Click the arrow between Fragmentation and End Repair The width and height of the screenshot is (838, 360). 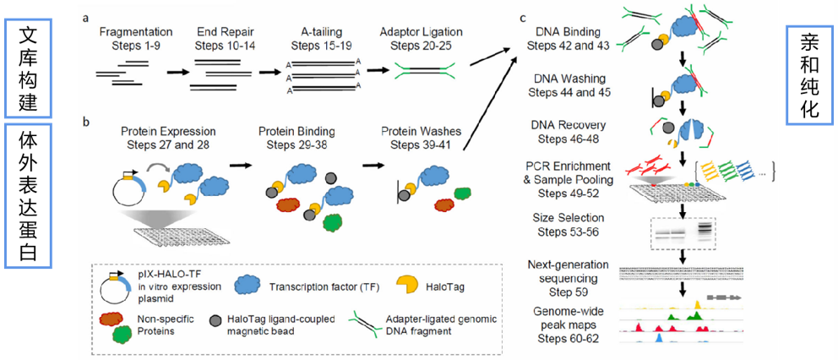(x=176, y=73)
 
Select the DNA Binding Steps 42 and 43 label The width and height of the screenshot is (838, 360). (x=568, y=38)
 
